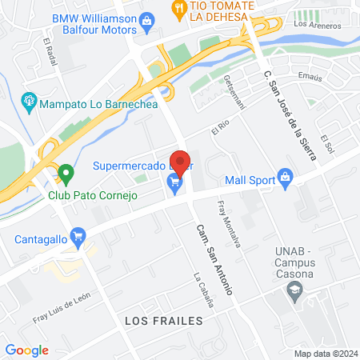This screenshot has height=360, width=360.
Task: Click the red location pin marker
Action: [180, 162]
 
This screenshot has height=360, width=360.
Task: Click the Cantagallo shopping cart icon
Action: [78, 236]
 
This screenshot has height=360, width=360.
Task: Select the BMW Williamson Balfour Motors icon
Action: [146, 19]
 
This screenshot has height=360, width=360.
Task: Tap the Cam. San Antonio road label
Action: [213, 258]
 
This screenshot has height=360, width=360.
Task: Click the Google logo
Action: [27, 350]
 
